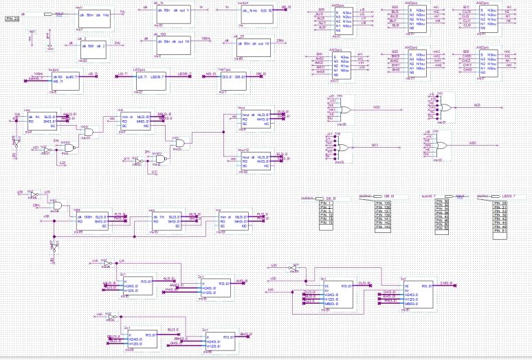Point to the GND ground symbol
click(x=49, y=47)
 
